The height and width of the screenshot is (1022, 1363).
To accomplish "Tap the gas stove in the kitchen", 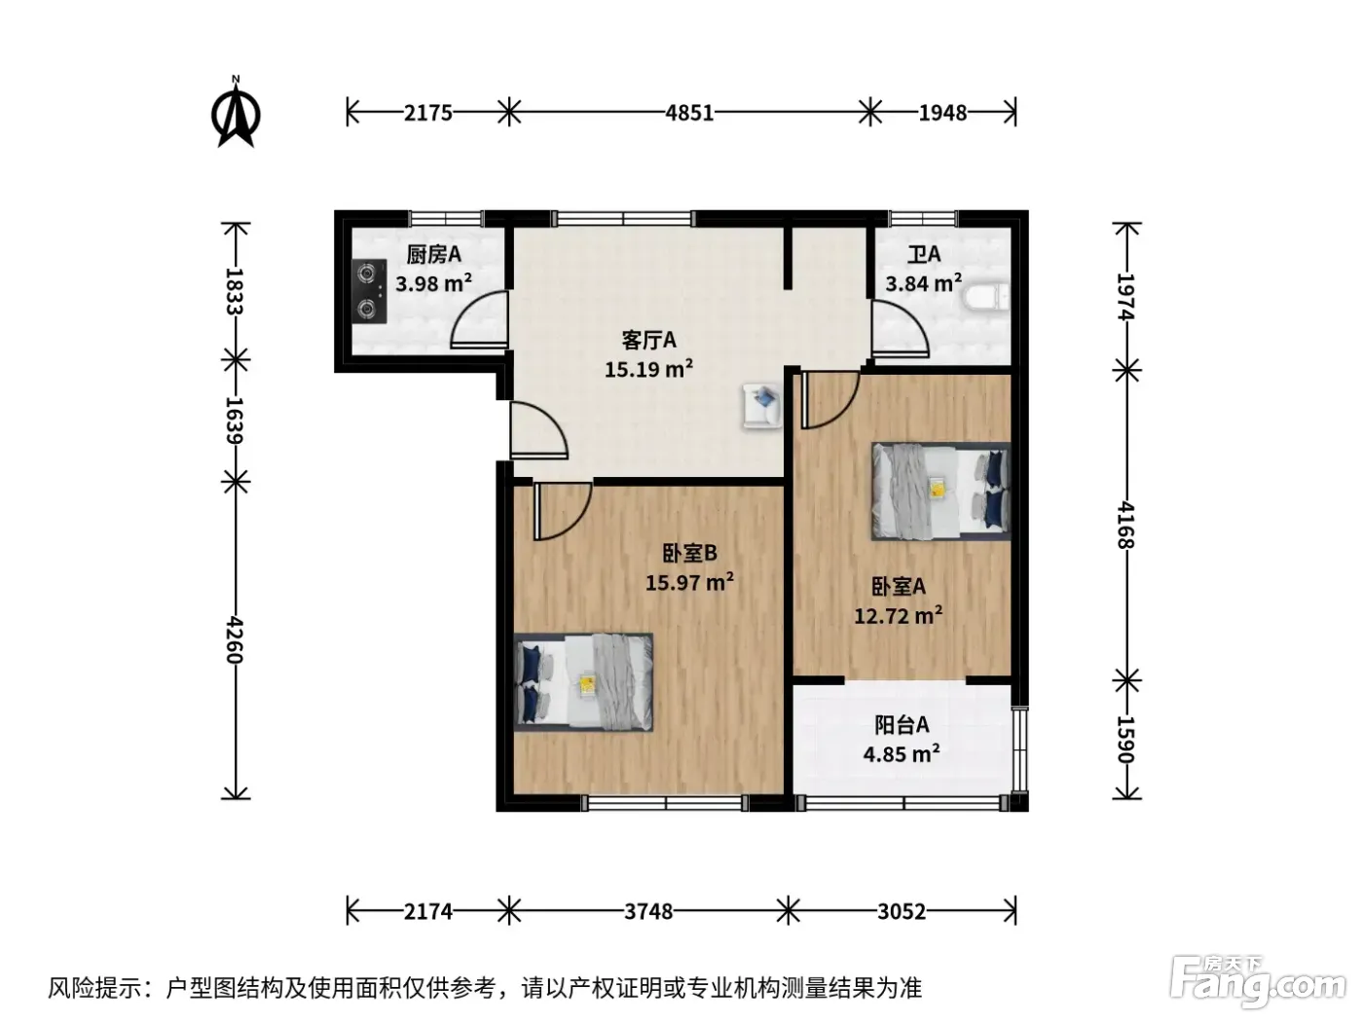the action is (x=369, y=291).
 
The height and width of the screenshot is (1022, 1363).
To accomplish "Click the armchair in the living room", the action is (x=763, y=405).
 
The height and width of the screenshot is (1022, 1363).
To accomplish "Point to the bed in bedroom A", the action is (x=940, y=491).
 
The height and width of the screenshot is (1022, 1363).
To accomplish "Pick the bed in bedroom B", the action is (x=583, y=682).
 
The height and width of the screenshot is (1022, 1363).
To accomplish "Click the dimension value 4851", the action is (x=689, y=113).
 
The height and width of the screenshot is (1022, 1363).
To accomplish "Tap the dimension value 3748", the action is (x=648, y=912).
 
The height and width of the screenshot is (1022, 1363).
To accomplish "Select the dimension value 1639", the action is (x=234, y=420).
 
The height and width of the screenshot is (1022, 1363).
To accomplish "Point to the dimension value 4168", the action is (x=1125, y=526).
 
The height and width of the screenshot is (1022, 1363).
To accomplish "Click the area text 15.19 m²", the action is (x=649, y=369).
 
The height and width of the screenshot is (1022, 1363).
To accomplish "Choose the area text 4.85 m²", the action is (x=902, y=754).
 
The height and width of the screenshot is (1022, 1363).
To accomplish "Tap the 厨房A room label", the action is (x=434, y=254).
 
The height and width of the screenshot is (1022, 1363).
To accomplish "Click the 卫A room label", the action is (x=924, y=254).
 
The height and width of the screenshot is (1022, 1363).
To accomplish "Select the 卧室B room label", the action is (x=690, y=553).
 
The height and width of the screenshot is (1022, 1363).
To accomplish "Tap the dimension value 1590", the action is (x=1125, y=740).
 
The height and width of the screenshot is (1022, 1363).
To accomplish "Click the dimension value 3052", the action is (x=902, y=912).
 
